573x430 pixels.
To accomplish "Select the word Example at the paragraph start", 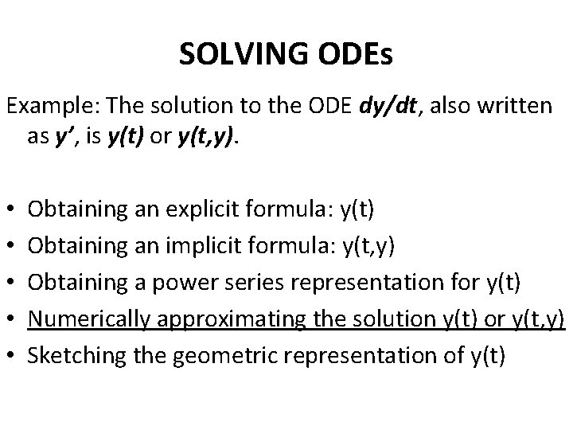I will coord(40,106).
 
